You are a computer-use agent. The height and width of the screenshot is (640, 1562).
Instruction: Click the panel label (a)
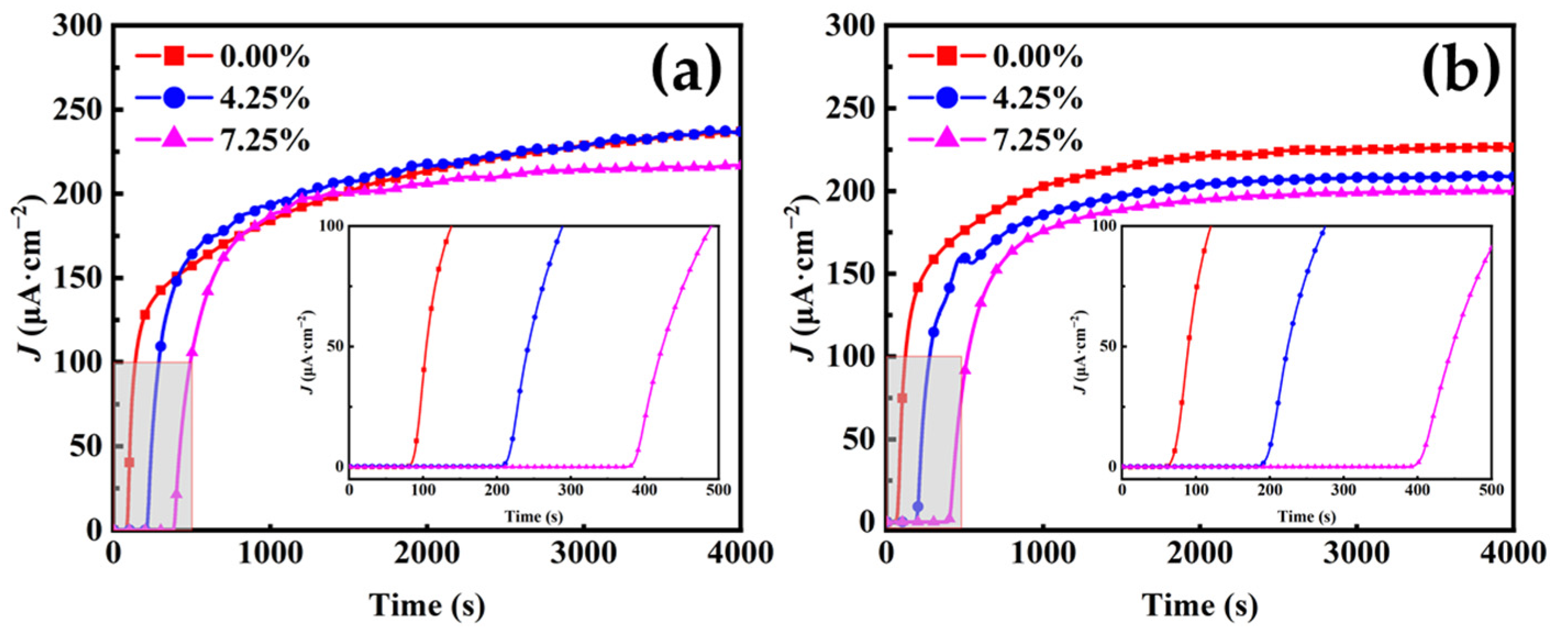click(687, 71)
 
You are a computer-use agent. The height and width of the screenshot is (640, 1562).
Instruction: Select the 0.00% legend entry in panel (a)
click(264, 57)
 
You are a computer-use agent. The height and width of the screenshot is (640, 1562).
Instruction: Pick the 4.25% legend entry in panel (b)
click(1037, 98)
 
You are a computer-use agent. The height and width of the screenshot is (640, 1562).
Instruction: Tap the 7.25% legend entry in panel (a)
click(264, 141)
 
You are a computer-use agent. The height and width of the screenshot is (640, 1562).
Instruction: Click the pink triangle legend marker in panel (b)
click(948, 140)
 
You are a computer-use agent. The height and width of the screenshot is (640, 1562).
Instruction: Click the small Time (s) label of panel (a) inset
click(533, 516)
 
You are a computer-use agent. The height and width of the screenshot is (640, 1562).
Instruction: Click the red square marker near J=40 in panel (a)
click(129, 463)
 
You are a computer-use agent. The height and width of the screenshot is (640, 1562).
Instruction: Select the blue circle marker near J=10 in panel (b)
click(918, 506)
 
